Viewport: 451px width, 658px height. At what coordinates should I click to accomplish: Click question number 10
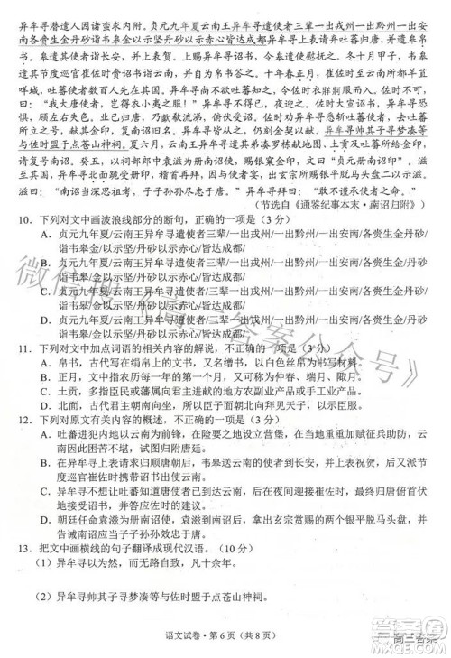(14, 219)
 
